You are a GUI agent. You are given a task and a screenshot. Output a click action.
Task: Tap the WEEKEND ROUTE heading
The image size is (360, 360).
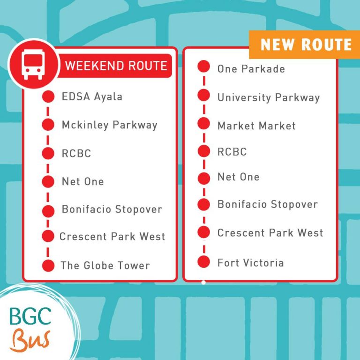[x=115, y=65]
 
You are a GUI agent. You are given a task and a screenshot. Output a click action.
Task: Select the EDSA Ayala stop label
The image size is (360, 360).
[x=92, y=97]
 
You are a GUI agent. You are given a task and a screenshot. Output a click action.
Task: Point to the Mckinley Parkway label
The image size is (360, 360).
[x=109, y=125]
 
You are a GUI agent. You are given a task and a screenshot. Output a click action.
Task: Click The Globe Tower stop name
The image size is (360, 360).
[x=105, y=266]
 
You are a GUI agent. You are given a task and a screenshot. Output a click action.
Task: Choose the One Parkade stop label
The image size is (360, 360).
[x=251, y=69]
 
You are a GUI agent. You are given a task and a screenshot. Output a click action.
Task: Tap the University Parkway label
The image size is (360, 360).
[x=268, y=98]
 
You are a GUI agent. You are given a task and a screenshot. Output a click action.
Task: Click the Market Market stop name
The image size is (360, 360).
[x=256, y=126]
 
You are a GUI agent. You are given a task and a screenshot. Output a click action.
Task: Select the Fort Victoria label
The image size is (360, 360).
[x=250, y=262]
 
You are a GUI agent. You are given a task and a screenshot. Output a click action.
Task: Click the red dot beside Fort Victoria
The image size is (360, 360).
[x=203, y=262]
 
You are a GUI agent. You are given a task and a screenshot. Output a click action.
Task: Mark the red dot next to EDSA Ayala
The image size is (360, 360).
[x=48, y=97]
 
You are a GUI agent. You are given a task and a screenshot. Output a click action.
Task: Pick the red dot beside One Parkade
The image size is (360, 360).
[x=203, y=67]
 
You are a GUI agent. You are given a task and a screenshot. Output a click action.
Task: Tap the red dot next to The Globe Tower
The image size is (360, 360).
[x=48, y=265]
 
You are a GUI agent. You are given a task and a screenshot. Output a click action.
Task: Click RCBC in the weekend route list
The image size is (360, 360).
[x=76, y=153]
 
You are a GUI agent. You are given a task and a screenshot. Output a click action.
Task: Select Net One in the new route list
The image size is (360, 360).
[x=238, y=177]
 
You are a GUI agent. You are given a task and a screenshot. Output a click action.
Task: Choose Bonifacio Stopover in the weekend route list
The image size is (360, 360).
[x=112, y=210]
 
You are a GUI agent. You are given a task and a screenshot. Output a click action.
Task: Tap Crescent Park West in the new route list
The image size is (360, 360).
[x=270, y=233]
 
